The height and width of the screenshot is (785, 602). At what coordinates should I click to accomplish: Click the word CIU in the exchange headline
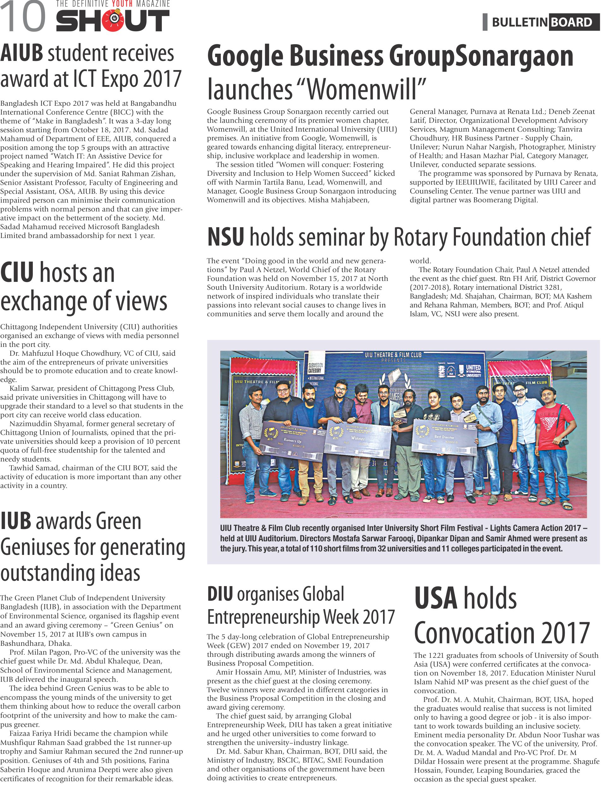(x=17, y=273)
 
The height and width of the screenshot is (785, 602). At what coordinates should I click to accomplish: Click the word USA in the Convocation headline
(x=436, y=598)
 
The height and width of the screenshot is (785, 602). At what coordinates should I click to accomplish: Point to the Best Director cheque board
(x=444, y=437)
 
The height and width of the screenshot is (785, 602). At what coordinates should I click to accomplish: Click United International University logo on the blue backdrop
(x=473, y=371)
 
